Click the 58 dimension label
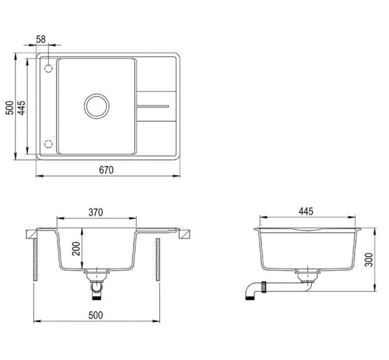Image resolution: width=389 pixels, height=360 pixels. click(41, 39)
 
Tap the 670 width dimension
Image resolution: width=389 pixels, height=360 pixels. click(106, 170)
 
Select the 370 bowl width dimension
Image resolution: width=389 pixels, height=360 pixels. click(96, 213)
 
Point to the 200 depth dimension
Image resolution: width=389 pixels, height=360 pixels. click(76, 249)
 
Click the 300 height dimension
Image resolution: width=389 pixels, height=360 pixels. click(369, 259)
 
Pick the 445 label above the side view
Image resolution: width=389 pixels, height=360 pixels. click(306, 211)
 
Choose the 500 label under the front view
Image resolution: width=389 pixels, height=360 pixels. click(96, 315)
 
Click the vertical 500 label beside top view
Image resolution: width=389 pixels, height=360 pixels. click(10, 107)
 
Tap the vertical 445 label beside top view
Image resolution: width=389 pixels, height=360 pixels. click(22, 107)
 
